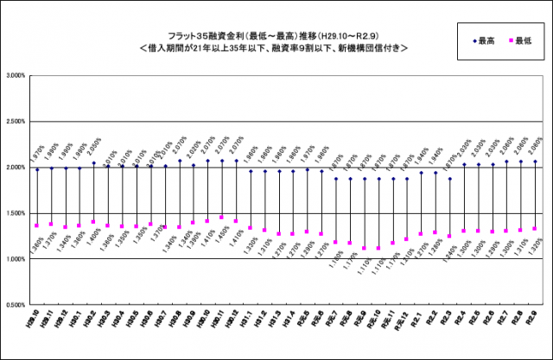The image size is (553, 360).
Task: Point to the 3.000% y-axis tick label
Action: (15, 76)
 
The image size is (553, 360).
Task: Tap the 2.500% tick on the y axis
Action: (15, 122)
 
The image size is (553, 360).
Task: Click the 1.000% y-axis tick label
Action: (15, 259)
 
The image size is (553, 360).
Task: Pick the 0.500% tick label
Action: (15, 305)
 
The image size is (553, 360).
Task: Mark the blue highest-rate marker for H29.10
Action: (37, 169)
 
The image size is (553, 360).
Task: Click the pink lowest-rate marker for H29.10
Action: (37, 226)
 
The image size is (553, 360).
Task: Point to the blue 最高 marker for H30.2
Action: (93, 162)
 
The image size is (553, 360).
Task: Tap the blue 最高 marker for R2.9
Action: (536, 161)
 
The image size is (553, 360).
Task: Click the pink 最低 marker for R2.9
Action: (536, 229)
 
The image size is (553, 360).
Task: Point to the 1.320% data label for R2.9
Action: (537, 248)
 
